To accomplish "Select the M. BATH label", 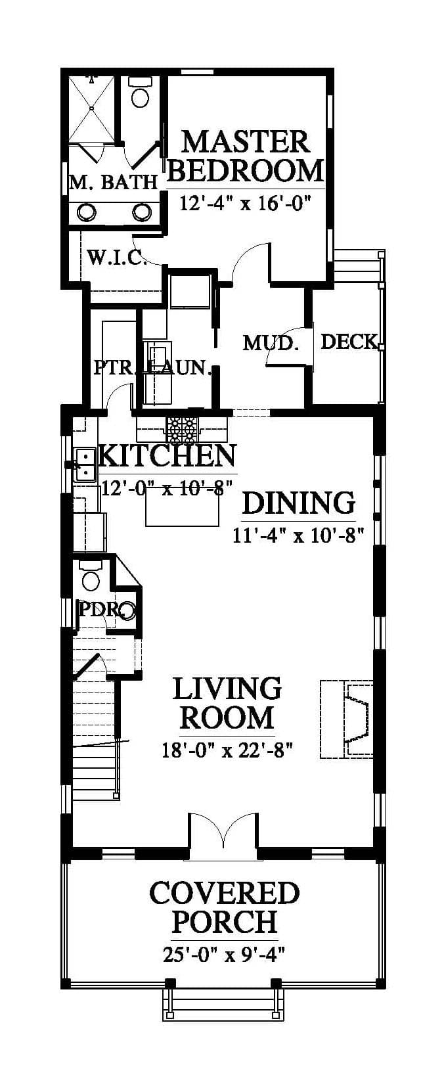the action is coord(114,182).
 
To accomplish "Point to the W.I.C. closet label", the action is coord(117,258).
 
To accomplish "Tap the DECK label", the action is coord(349,342).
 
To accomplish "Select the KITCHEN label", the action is coord(167,456).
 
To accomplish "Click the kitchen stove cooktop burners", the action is coord(181,428).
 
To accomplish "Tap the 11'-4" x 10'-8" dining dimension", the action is coord(299,535).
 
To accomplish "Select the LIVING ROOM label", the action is coord(227,702).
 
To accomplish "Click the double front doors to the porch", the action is coord(223,829).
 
